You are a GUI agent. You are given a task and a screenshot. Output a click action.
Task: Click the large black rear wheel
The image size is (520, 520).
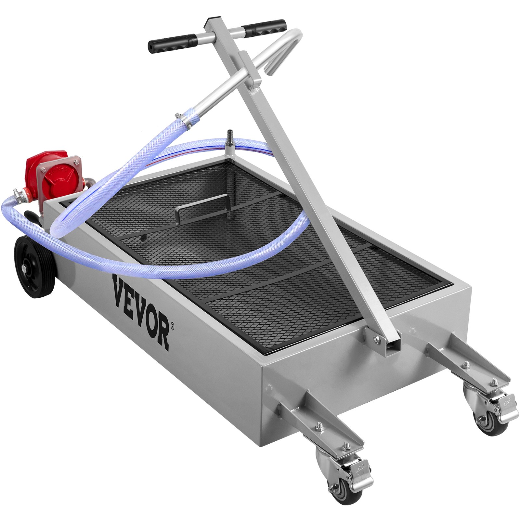click(x=34, y=266)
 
